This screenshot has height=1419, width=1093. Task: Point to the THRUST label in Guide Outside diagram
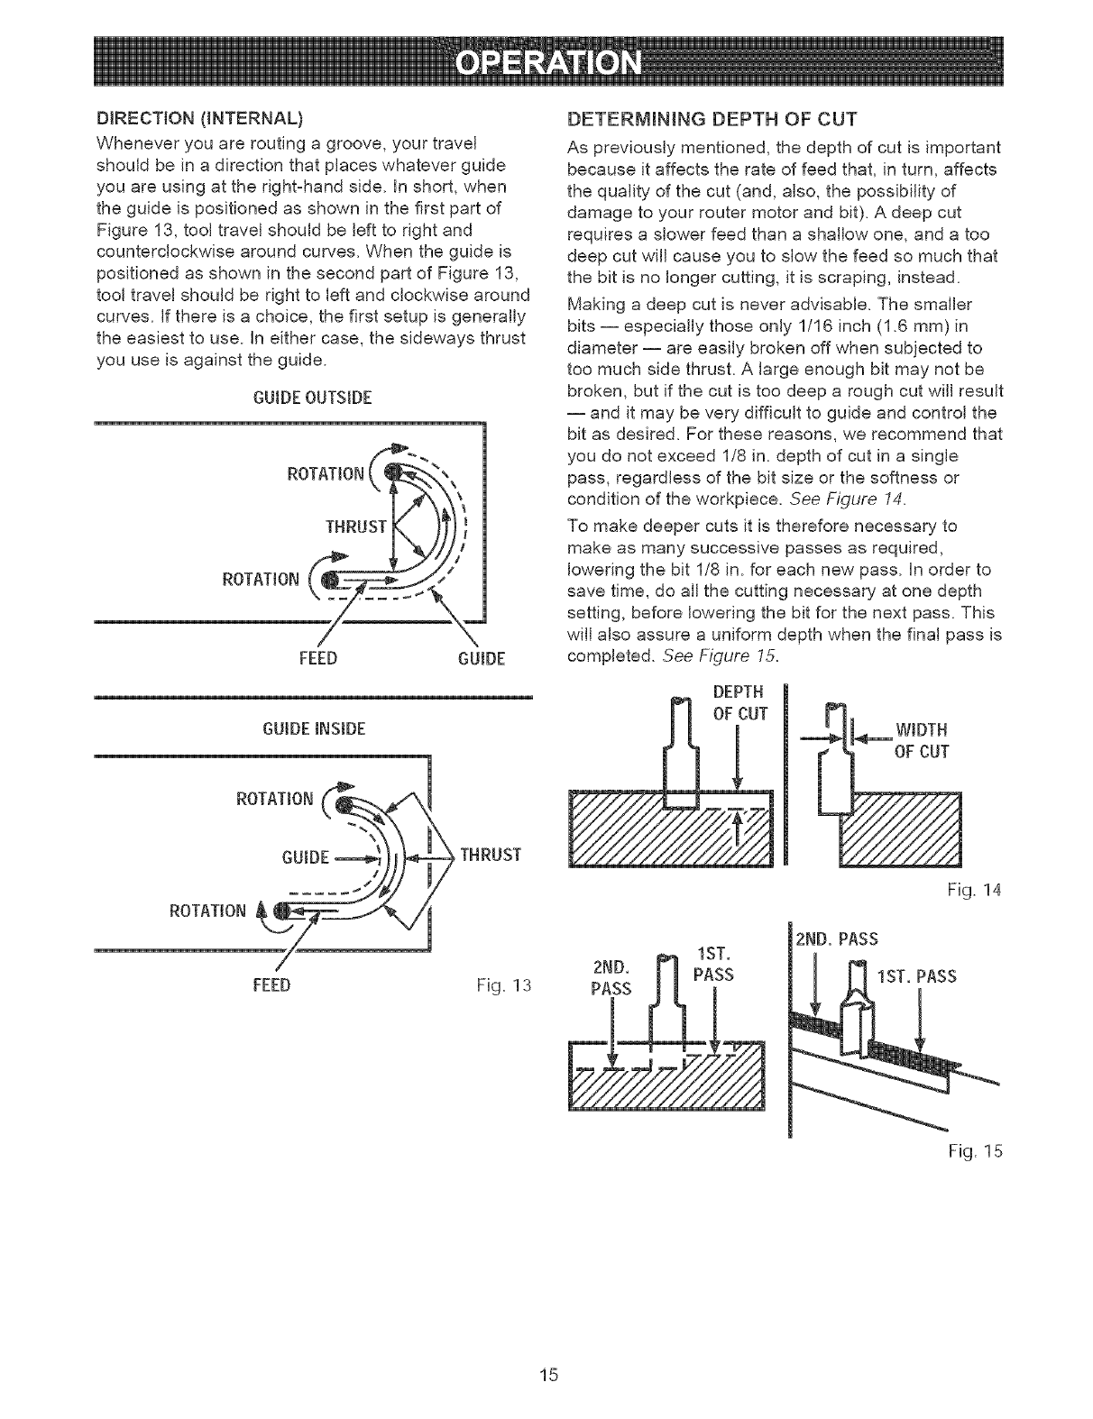(356, 526)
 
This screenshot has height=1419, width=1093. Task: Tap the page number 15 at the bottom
(547, 1374)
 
